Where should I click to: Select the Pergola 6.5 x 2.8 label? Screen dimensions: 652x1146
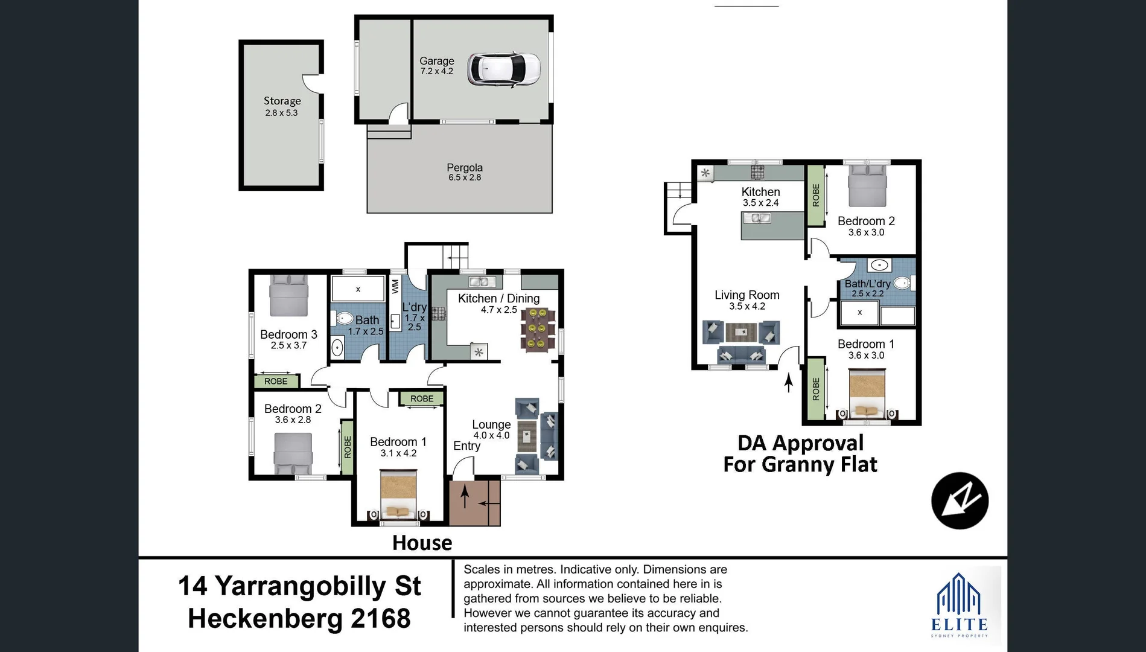tap(464, 172)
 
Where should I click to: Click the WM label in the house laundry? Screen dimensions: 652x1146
tap(395, 286)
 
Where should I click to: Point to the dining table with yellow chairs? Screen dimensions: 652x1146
tap(537, 329)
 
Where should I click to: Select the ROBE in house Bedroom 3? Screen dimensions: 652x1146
tap(276, 381)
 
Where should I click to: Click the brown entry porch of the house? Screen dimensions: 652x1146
tap(474, 502)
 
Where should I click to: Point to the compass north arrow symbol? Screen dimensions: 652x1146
tap(960, 500)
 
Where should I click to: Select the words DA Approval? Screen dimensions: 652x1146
tap(800, 443)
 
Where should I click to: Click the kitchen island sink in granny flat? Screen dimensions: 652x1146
tap(756, 218)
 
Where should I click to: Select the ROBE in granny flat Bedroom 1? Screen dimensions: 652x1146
tap(816, 389)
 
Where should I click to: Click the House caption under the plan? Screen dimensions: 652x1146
tap(422, 543)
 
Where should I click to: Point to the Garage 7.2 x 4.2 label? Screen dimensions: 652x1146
tap(436, 65)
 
